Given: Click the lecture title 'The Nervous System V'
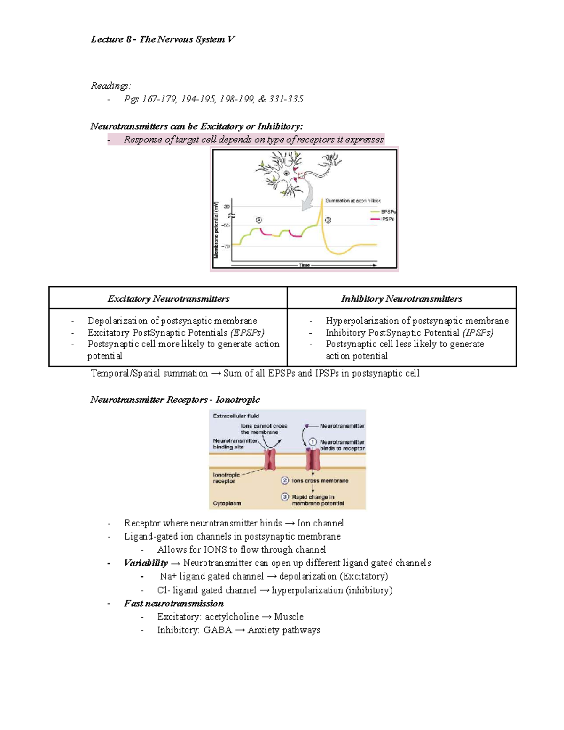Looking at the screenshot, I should tap(187, 39).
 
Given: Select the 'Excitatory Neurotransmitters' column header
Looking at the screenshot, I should tap(168, 299).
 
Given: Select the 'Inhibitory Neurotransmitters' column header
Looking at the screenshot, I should tap(401, 299).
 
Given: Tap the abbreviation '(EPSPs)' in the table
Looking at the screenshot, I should tap(247, 333).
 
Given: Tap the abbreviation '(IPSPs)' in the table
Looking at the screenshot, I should tap(478, 333).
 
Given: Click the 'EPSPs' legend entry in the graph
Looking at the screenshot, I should tap(388, 212).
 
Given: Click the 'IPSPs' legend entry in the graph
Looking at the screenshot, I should tap(387, 219).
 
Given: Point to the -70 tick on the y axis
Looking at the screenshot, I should tap(226, 246).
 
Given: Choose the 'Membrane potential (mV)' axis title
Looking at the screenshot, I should tap(216, 229).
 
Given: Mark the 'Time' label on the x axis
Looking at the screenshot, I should tap(305, 265).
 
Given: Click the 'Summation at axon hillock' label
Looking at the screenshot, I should tap(353, 201).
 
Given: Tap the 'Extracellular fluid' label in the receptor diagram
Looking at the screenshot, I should tap(236, 416).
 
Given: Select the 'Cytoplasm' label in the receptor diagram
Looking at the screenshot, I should tap(227, 503).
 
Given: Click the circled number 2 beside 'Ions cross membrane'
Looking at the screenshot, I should tap(285, 480).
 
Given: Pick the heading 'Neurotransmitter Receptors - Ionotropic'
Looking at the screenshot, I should tap(175, 400).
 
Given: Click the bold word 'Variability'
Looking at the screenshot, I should tap(146, 563).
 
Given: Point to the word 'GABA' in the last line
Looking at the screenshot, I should tap(218, 630).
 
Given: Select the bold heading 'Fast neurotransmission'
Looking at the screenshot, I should tap(173, 604).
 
